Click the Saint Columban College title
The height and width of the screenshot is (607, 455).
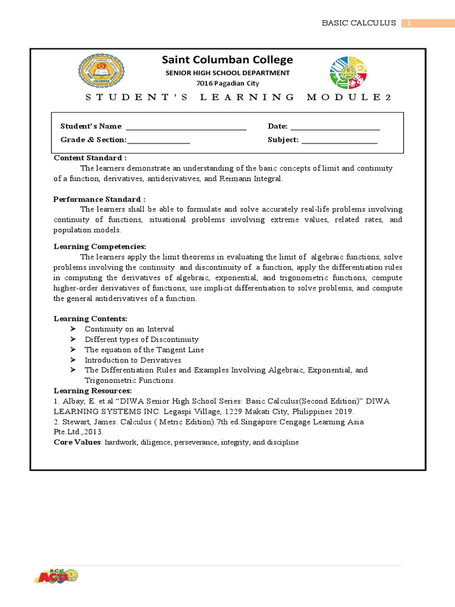click(x=227, y=60)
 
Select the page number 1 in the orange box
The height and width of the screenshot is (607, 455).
click(x=408, y=23)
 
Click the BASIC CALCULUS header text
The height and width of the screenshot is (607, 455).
click(x=358, y=23)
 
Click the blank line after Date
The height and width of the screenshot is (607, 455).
click(x=335, y=127)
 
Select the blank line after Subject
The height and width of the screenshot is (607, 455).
click(x=339, y=140)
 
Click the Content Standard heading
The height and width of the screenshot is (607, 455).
click(x=90, y=158)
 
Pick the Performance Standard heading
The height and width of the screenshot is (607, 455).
click(x=100, y=199)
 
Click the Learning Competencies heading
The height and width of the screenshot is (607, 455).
click(x=100, y=247)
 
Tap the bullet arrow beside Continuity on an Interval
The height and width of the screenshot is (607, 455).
click(x=73, y=328)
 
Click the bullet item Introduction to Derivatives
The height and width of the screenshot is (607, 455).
click(x=133, y=360)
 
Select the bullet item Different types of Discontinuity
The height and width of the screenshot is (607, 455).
click(x=142, y=339)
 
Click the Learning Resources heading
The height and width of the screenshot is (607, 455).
click(x=93, y=391)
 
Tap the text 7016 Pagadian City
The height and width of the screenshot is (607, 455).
click(x=227, y=84)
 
